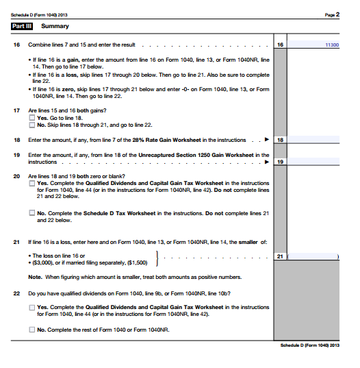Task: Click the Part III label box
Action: pos(23,26)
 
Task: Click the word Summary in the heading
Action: pos(55,26)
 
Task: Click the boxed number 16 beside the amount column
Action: pos(280,45)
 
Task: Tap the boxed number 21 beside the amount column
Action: pos(280,256)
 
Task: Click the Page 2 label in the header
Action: pos(333,14)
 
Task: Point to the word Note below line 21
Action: pos(35,277)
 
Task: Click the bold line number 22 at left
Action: pos(16,293)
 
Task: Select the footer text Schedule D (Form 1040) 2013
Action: pos(309,345)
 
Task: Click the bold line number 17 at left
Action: pos(16,110)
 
